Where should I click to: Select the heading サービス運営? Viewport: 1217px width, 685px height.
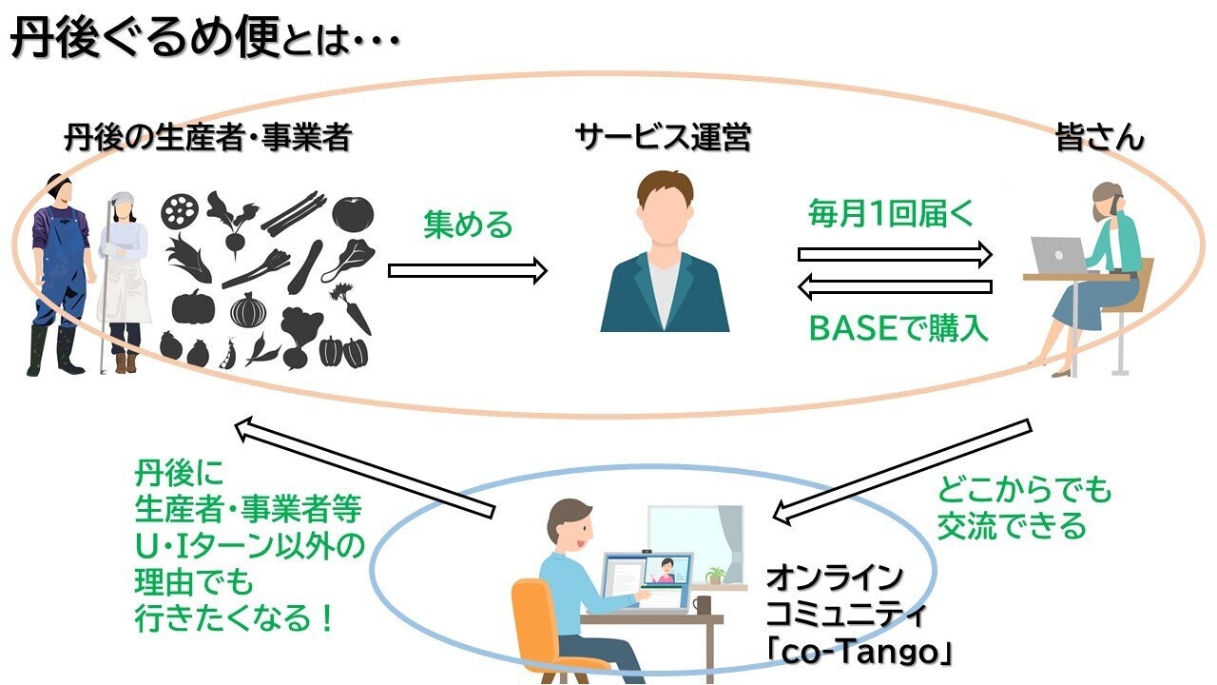pos(663,139)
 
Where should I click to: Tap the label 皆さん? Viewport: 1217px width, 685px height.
pos(1099,139)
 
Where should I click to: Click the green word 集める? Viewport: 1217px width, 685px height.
pos(468,226)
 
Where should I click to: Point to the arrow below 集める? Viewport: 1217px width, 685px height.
pos(468,271)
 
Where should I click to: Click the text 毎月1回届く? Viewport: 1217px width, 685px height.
pos(891,213)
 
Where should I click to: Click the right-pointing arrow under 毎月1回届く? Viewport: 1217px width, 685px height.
pos(895,253)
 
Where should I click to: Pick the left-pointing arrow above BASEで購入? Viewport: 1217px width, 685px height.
pos(895,285)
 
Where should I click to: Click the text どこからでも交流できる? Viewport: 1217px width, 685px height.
pos(1023,509)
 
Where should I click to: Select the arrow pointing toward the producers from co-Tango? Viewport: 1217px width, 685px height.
pos(365,466)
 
